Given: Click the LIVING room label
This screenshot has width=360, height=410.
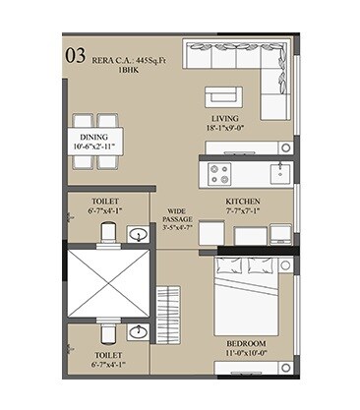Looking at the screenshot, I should pos(233,115).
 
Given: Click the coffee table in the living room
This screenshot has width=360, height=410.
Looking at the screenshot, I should pos(221,96).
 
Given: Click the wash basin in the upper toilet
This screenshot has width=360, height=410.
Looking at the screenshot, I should pos(140,233).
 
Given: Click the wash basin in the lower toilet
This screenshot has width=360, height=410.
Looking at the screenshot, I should pos(140,330).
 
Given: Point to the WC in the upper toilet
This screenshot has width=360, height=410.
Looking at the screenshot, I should pos(107,232).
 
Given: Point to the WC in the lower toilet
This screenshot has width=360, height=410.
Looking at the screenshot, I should pos(107,329).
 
